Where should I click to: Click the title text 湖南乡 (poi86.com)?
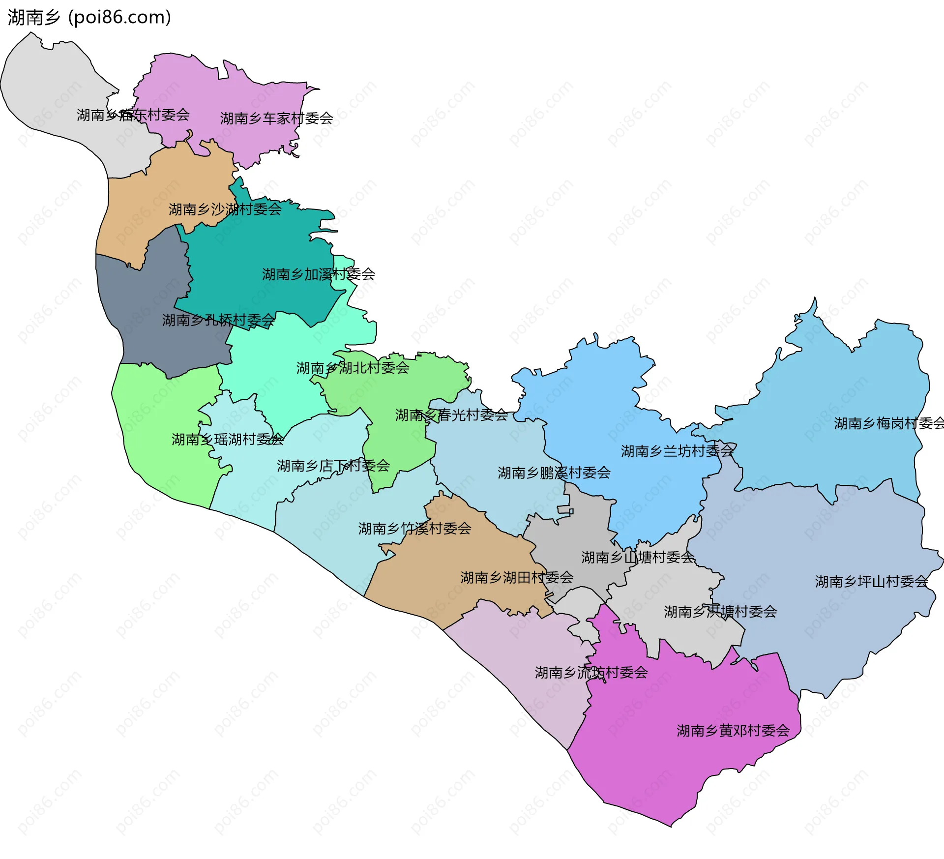coord(89,18)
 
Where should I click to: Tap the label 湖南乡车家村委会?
coord(276,118)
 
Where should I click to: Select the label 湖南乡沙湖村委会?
coord(225,209)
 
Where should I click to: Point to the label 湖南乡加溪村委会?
coord(318,274)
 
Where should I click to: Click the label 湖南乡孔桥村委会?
coord(218,321)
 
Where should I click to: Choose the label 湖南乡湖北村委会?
coord(353,368)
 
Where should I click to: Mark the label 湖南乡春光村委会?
coord(451,415)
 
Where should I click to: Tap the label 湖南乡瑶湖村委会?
coord(228,440)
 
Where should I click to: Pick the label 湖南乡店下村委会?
coord(333,466)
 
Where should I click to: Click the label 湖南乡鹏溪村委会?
coord(554,473)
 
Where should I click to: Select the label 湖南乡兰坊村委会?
coord(677,451)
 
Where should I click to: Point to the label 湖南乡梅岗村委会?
coord(888,423)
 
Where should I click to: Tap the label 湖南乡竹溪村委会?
coord(414,529)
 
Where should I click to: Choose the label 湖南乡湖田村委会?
coord(517,578)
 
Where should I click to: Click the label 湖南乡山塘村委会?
coord(638,558)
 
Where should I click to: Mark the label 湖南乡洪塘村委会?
coord(720,612)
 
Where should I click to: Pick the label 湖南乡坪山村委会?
coord(871,582)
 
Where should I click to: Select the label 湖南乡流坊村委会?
coord(591,673)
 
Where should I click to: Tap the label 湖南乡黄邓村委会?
coord(733,731)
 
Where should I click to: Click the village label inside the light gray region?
coord(133,115)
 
